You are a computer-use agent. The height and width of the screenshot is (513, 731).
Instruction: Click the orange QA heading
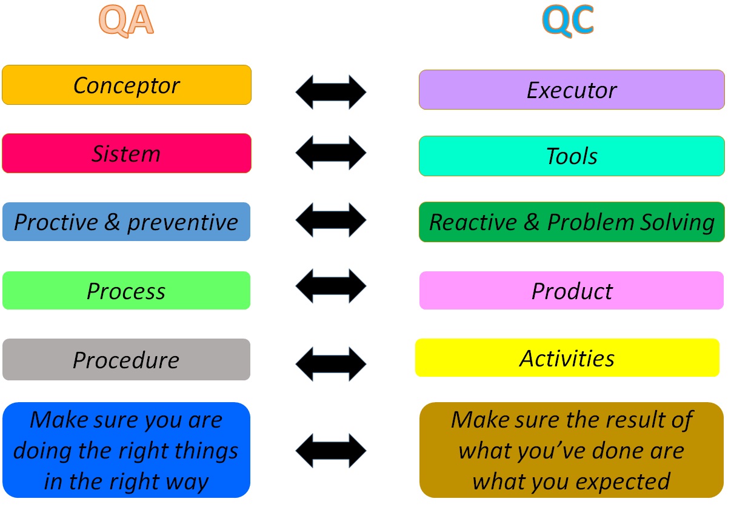(x=126, y=21)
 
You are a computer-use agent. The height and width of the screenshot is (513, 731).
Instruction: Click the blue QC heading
(x=568, y=21)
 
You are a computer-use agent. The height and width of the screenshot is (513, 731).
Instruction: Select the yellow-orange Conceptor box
(x=126, y=85)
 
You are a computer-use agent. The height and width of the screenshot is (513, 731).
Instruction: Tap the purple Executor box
(x=571, y=90)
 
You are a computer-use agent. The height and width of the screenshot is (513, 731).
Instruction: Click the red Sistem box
(x=126, y=154)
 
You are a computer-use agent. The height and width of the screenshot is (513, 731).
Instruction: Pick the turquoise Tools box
(x=571, y=156)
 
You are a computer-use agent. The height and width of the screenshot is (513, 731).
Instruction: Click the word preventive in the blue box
(x=182, y=223)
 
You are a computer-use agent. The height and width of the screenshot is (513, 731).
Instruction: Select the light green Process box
(x=126, y=291)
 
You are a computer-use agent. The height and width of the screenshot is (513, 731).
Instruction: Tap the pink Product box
(x=571, y=291)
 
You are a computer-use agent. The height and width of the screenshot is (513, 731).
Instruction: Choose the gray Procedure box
(x=126, y=360)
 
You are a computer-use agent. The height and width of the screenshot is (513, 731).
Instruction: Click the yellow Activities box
(x=567, y=358)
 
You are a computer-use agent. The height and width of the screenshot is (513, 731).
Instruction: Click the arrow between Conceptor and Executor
(x=331, y=92)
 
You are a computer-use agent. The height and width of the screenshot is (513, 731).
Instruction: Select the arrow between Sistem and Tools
(x=331, y=153)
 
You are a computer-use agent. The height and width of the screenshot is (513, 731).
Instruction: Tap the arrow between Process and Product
(x=331, y=285)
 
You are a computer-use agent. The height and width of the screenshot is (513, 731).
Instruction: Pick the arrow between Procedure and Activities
(x=331, y=364)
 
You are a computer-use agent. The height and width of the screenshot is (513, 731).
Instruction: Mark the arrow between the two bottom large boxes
(x=331, y=451)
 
